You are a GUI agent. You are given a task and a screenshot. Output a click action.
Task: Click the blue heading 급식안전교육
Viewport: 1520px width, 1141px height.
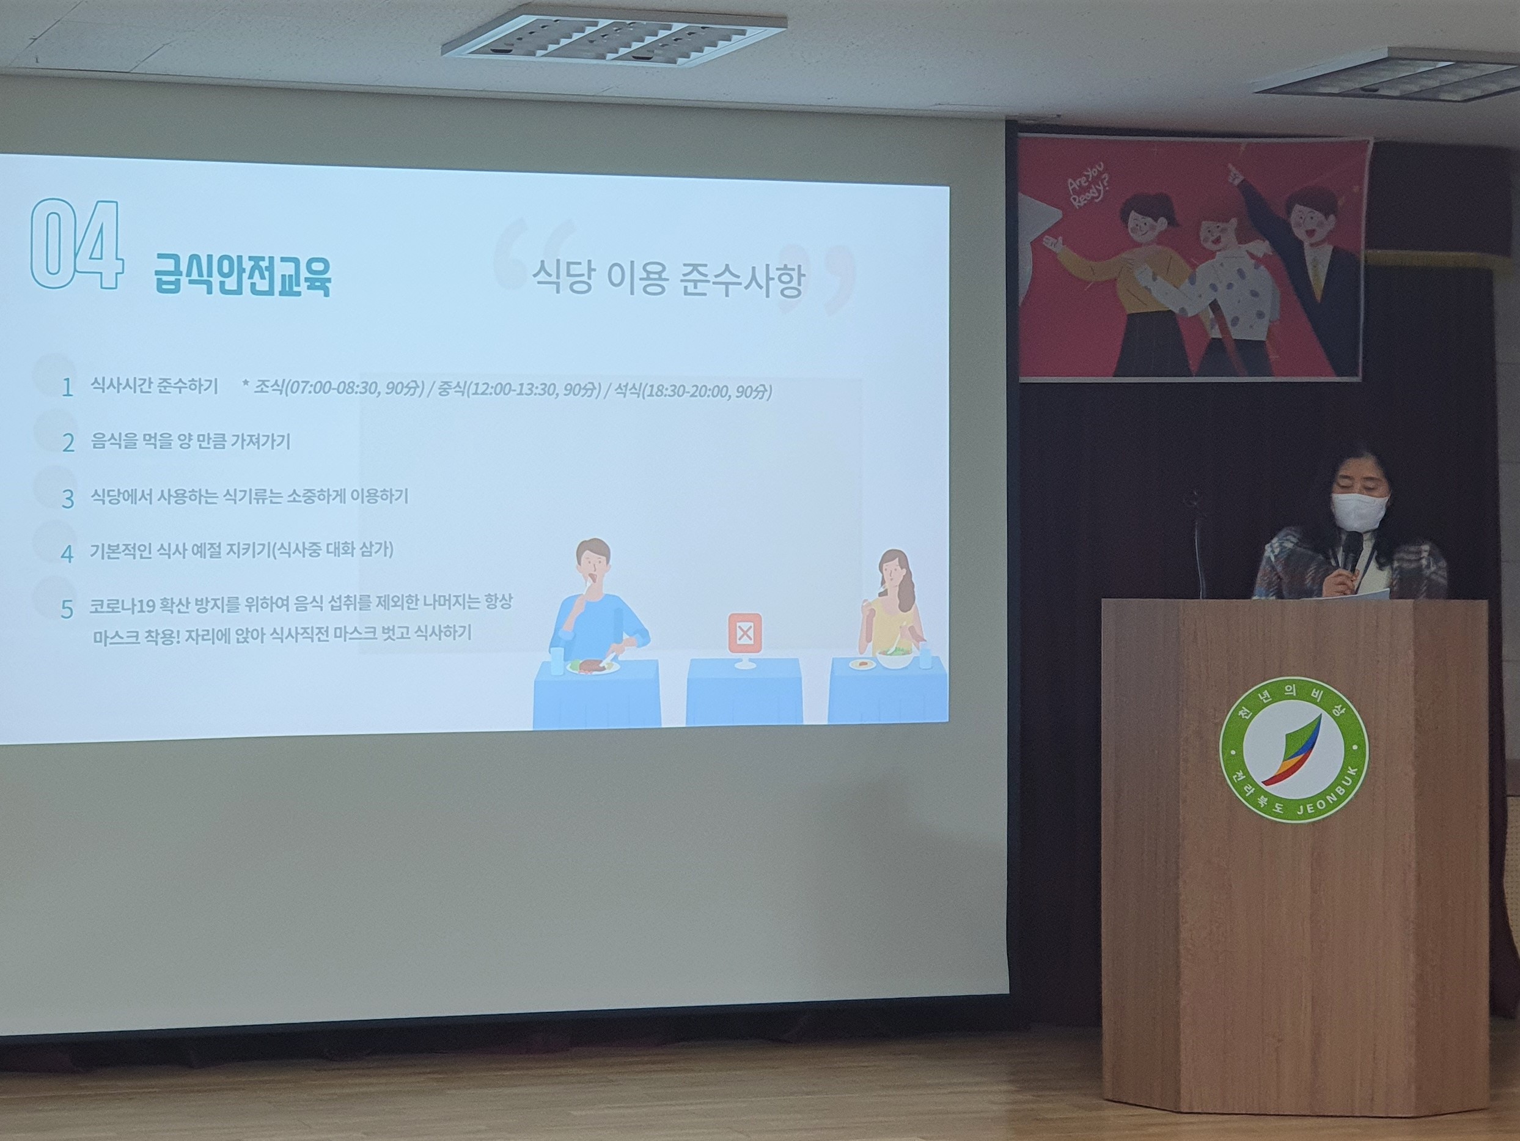[x=243, y=275]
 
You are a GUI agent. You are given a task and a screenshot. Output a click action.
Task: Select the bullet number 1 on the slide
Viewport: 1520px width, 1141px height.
[x=67, y=388]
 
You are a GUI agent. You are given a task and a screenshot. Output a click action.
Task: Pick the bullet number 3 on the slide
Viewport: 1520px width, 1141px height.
[x=67, y=499]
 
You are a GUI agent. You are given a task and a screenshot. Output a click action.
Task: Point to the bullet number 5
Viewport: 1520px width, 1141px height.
[x=67, y=609]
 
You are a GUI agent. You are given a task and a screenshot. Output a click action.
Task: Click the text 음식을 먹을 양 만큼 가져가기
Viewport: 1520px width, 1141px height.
[x=190, y=441]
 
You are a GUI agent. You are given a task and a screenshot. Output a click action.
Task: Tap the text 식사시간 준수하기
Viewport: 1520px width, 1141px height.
[x=154, y=386]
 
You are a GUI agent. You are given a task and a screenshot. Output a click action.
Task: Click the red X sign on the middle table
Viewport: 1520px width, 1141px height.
[x=744, y=632]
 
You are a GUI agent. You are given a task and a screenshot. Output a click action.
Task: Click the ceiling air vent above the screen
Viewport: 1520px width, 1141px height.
[x=613, y=38]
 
